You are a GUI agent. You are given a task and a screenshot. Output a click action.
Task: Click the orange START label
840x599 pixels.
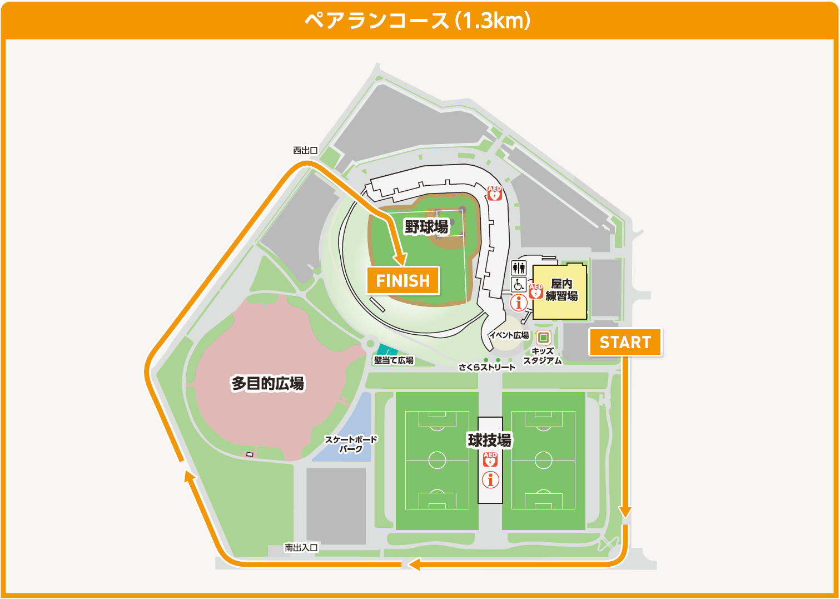(x=625, y=342)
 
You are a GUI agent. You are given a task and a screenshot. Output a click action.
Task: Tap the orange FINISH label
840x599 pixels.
(x=403, y=281)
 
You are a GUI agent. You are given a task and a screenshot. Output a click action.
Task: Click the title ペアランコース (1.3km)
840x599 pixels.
(x=418, y=21)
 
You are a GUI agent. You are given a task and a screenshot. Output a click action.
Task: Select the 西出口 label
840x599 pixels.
(x=305, y=150)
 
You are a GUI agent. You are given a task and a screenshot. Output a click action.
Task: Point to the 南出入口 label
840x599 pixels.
(x=301, y=548)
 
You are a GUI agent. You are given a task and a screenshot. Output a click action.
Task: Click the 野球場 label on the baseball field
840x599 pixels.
(x=426, y=227)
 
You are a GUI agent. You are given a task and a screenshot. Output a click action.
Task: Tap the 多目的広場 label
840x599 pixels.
(x=268, y=383)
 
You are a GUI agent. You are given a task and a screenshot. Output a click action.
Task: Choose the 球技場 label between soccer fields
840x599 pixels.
(x=489, y=440)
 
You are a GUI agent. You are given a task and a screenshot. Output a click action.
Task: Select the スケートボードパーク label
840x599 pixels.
(x=351, y=444)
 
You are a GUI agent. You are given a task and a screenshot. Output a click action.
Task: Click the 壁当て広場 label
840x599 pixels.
(x=394, y=360)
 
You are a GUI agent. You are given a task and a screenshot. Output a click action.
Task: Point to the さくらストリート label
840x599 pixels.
(x=487, y=367)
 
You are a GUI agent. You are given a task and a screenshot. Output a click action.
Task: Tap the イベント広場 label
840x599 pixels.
(x=509, y=335)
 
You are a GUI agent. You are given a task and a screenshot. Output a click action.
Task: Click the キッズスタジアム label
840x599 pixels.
(x=543, y=356)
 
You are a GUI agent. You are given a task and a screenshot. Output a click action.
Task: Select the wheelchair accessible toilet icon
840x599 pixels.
(x=519, y=285)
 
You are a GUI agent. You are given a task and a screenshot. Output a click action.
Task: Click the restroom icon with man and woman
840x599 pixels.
(x=519, y=268)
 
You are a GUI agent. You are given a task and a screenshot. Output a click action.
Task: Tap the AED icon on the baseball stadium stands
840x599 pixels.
(x=494, y=193)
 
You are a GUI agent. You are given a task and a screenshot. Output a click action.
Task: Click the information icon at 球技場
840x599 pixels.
(x=490, y=479)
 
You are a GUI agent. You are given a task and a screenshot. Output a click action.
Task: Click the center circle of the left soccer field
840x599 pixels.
(x=437, y=460)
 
